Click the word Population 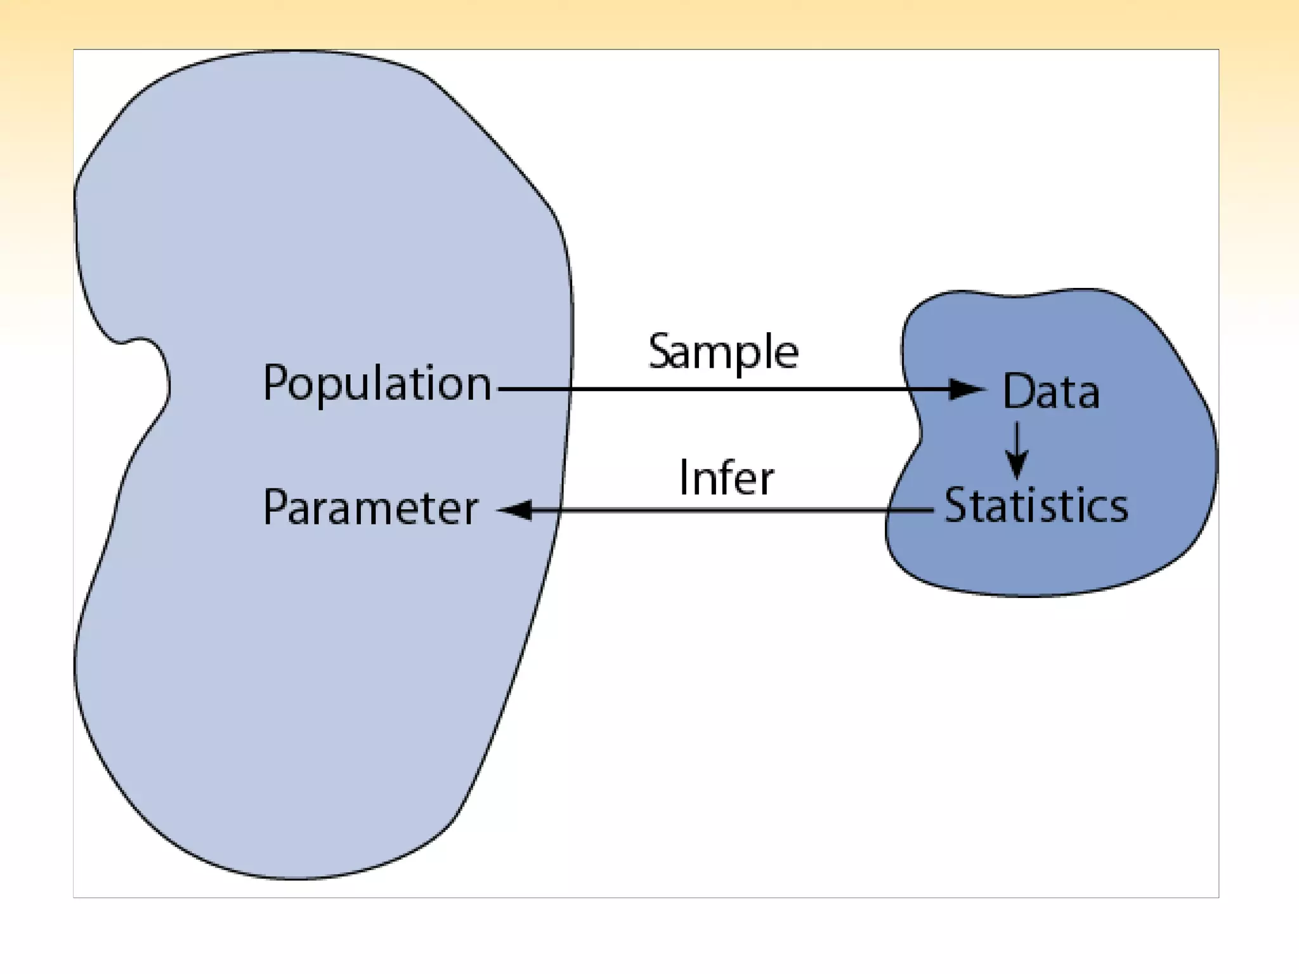coord(377,384)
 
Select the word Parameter coord(370,508)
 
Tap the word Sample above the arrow coord(723,352)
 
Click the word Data coord(1051,391)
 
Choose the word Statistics coord(1036,505)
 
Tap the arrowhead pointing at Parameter coord(515,510)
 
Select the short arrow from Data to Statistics coord(1017,450)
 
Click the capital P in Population coord(275,382)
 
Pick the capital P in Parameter coord(275,507)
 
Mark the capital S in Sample coord(660,351)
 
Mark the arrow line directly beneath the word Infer coord(726,510)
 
